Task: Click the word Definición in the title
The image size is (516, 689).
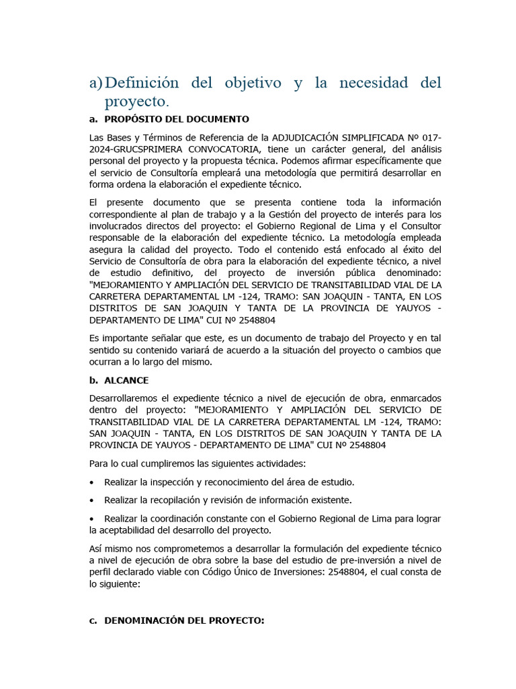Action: (x=142, y=83)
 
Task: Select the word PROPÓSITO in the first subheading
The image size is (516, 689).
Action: (x=133, y=119)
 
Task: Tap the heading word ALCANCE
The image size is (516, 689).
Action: (x=126, y=380)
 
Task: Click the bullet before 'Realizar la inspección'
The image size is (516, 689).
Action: (x=91, y=482)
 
